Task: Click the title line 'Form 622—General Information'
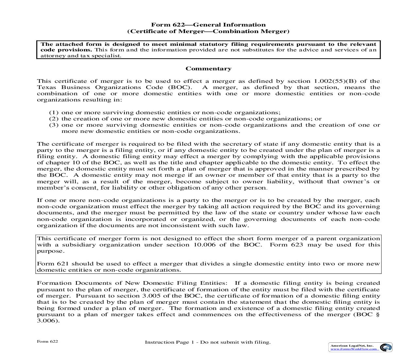(208, 25)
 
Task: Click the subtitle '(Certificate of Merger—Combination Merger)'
(208, 31)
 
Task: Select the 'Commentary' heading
(208, 69)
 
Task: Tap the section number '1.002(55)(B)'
(333, 81)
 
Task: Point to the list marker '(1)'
(54, 113)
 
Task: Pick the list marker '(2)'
(54, 119)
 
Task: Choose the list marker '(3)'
(54, 125)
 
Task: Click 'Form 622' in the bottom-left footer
(47, 341)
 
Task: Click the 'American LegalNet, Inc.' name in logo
(352, 346)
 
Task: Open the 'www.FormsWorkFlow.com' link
(354, 349)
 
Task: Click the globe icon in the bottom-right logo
(386, 347)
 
